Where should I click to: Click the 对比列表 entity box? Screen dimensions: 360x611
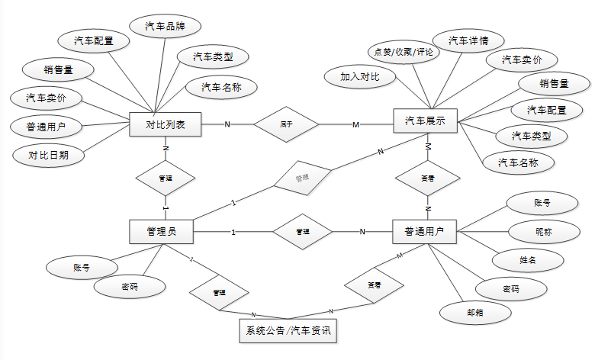point(166,124)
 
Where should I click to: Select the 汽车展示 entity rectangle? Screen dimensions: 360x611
point(425,121)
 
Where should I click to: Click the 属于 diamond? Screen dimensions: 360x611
point(286,124)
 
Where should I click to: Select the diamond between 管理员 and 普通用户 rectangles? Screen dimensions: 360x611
point(303,231)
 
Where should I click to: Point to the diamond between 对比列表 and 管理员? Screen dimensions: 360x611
point(165,178)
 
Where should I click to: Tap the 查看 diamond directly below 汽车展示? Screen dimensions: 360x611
point(428,177)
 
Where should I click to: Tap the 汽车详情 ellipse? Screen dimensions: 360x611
point(468,40)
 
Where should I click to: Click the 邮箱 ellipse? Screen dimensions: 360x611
point(474,311)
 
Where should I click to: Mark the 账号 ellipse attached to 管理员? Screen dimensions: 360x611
point(82,267)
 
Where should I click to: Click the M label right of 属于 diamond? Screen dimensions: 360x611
point(355,124)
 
